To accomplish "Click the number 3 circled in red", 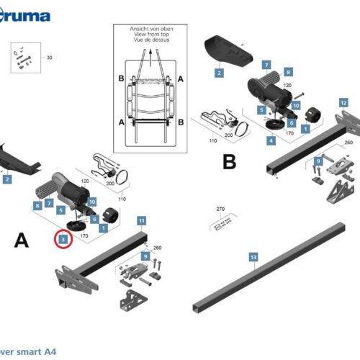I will coord(63,239).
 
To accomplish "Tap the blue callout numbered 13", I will coord(253,257).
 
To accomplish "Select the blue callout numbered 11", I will coord(142,220).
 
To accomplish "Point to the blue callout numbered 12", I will coord(343,103).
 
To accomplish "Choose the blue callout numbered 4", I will coord(271,140).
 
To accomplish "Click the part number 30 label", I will coord(50,57).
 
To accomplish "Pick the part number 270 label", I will coord(221,211).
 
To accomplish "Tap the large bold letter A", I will coord(22,241).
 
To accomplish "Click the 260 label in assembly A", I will coord(157,248).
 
